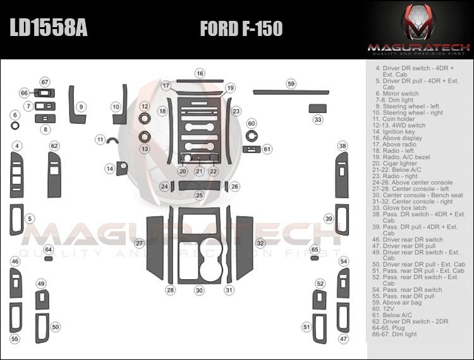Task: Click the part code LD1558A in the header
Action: tap(48, 28)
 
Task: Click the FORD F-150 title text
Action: tap(241, 28)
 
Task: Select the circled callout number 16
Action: tap(200, 74)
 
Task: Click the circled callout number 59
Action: tap(291, 83)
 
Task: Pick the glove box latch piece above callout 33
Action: tap(317, 109)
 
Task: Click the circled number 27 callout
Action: tap(139, 243)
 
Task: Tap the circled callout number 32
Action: tap(260, 243)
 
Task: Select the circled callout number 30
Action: tap(200, 291)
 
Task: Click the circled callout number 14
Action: tap(110, 169)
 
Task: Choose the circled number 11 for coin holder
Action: tap(100, 139)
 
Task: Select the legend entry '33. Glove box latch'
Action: tap(400, 207)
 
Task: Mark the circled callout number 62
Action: tap(54, 146)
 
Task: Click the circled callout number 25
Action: tap(199, 196)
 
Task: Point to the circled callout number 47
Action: tap(343, 339)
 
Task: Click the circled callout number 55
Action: tap(15, 339)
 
